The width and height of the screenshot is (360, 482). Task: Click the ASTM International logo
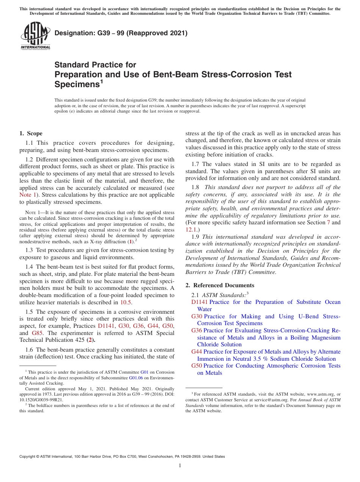pyautogui.click(x=35, y=36)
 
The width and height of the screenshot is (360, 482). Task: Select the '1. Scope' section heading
pyautogui.click(x=31, y=133)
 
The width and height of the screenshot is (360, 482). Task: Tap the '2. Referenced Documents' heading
pyautogui.click(x=220, y=285)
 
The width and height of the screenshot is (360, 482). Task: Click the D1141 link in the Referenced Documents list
pyautogui.click(x=199, y=302)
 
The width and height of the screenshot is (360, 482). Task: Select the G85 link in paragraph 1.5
pyautogui.click(x=37, y=333)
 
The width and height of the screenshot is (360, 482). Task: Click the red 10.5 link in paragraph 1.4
pyautogui.click(x=126, y=302)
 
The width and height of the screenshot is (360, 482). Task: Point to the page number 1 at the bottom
pyautogui.click(x=180, y=465)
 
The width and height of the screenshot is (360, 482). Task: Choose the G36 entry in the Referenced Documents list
pyautogui.click(x=197, y=330)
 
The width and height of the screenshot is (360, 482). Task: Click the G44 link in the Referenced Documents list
pyautogui.click(x=197, y=352)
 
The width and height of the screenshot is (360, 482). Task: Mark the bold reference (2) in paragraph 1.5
pyautogui.click(x=90, y=340)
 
